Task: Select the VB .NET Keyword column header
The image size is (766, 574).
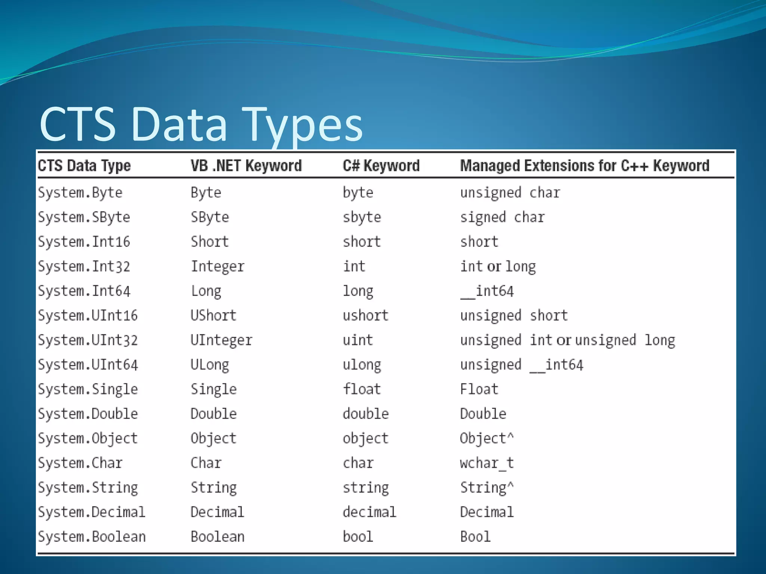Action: click(246, 166)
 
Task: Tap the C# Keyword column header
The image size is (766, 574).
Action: click(381, 166)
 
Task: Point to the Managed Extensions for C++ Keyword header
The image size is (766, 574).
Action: click(585, 166)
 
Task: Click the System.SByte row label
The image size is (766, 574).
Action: click(84, 217)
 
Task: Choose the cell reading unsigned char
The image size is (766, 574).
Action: click(510, 193)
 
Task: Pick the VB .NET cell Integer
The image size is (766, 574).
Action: click(218, 266)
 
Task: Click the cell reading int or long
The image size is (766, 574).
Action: click(498, 266)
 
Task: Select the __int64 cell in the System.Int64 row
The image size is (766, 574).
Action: click(487, 291)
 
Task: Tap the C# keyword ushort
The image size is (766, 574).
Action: click(366, 316)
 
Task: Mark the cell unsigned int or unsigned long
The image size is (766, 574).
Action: click(567, 340)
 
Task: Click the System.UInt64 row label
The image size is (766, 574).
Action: click(88, 365)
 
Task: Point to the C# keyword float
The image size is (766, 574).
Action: click(362, 389)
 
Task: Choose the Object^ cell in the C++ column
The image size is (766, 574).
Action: click(487, 438)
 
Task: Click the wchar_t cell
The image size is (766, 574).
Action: click(487, 463)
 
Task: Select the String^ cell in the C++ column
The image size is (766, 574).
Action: click(487, 488)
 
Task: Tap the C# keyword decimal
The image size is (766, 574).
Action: click(370, 512)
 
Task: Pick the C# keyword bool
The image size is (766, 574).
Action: click(358, 537)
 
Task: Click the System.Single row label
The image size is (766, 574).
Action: click(88, 389)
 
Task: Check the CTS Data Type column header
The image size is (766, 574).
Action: click(84, 166)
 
